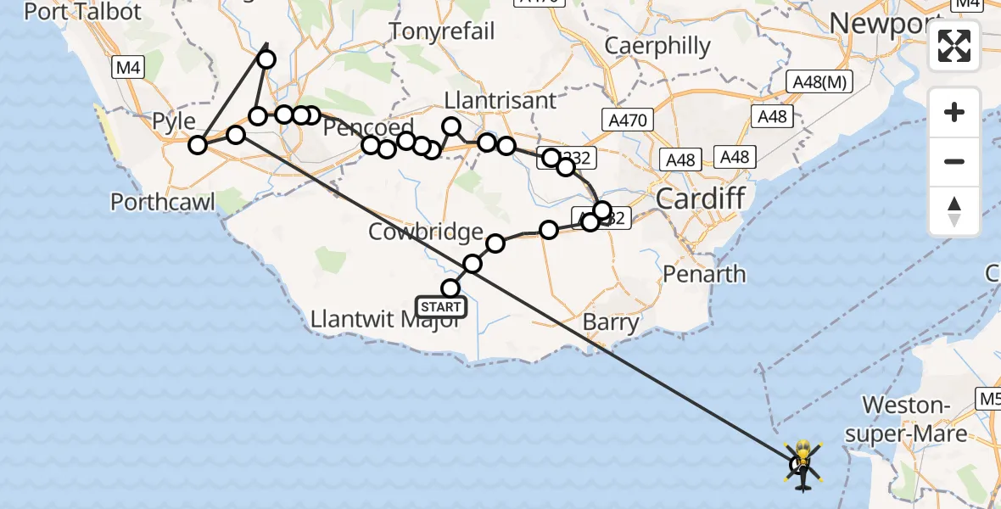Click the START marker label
[441, 307]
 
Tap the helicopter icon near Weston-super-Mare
[802, 463]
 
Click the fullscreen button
[954, 46]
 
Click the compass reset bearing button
[954, 211]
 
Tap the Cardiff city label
[700, 199]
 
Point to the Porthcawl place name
[163, 202]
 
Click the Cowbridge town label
[426, 232]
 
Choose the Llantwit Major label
[385, 321]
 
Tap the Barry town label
[611, 322]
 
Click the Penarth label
[704, 274]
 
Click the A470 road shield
[627, 120]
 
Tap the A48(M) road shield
[819, 82]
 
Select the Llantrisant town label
[501, 99]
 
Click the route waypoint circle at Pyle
[198, 145]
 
